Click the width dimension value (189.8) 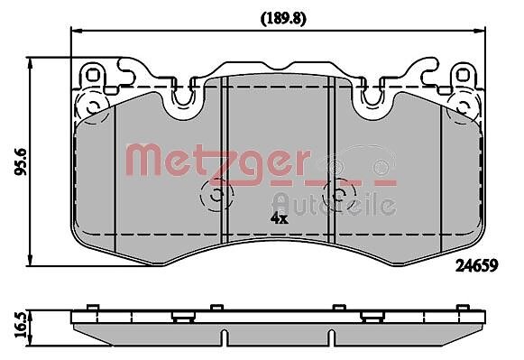coord(283,19)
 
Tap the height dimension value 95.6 coord(21,162)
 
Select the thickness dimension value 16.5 coord(21,326)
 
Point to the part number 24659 coord(477,266)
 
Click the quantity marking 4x coord(279,218)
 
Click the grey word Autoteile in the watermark coord(335,204)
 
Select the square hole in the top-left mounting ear coord(93,75)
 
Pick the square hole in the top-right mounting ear coord(463,75)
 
